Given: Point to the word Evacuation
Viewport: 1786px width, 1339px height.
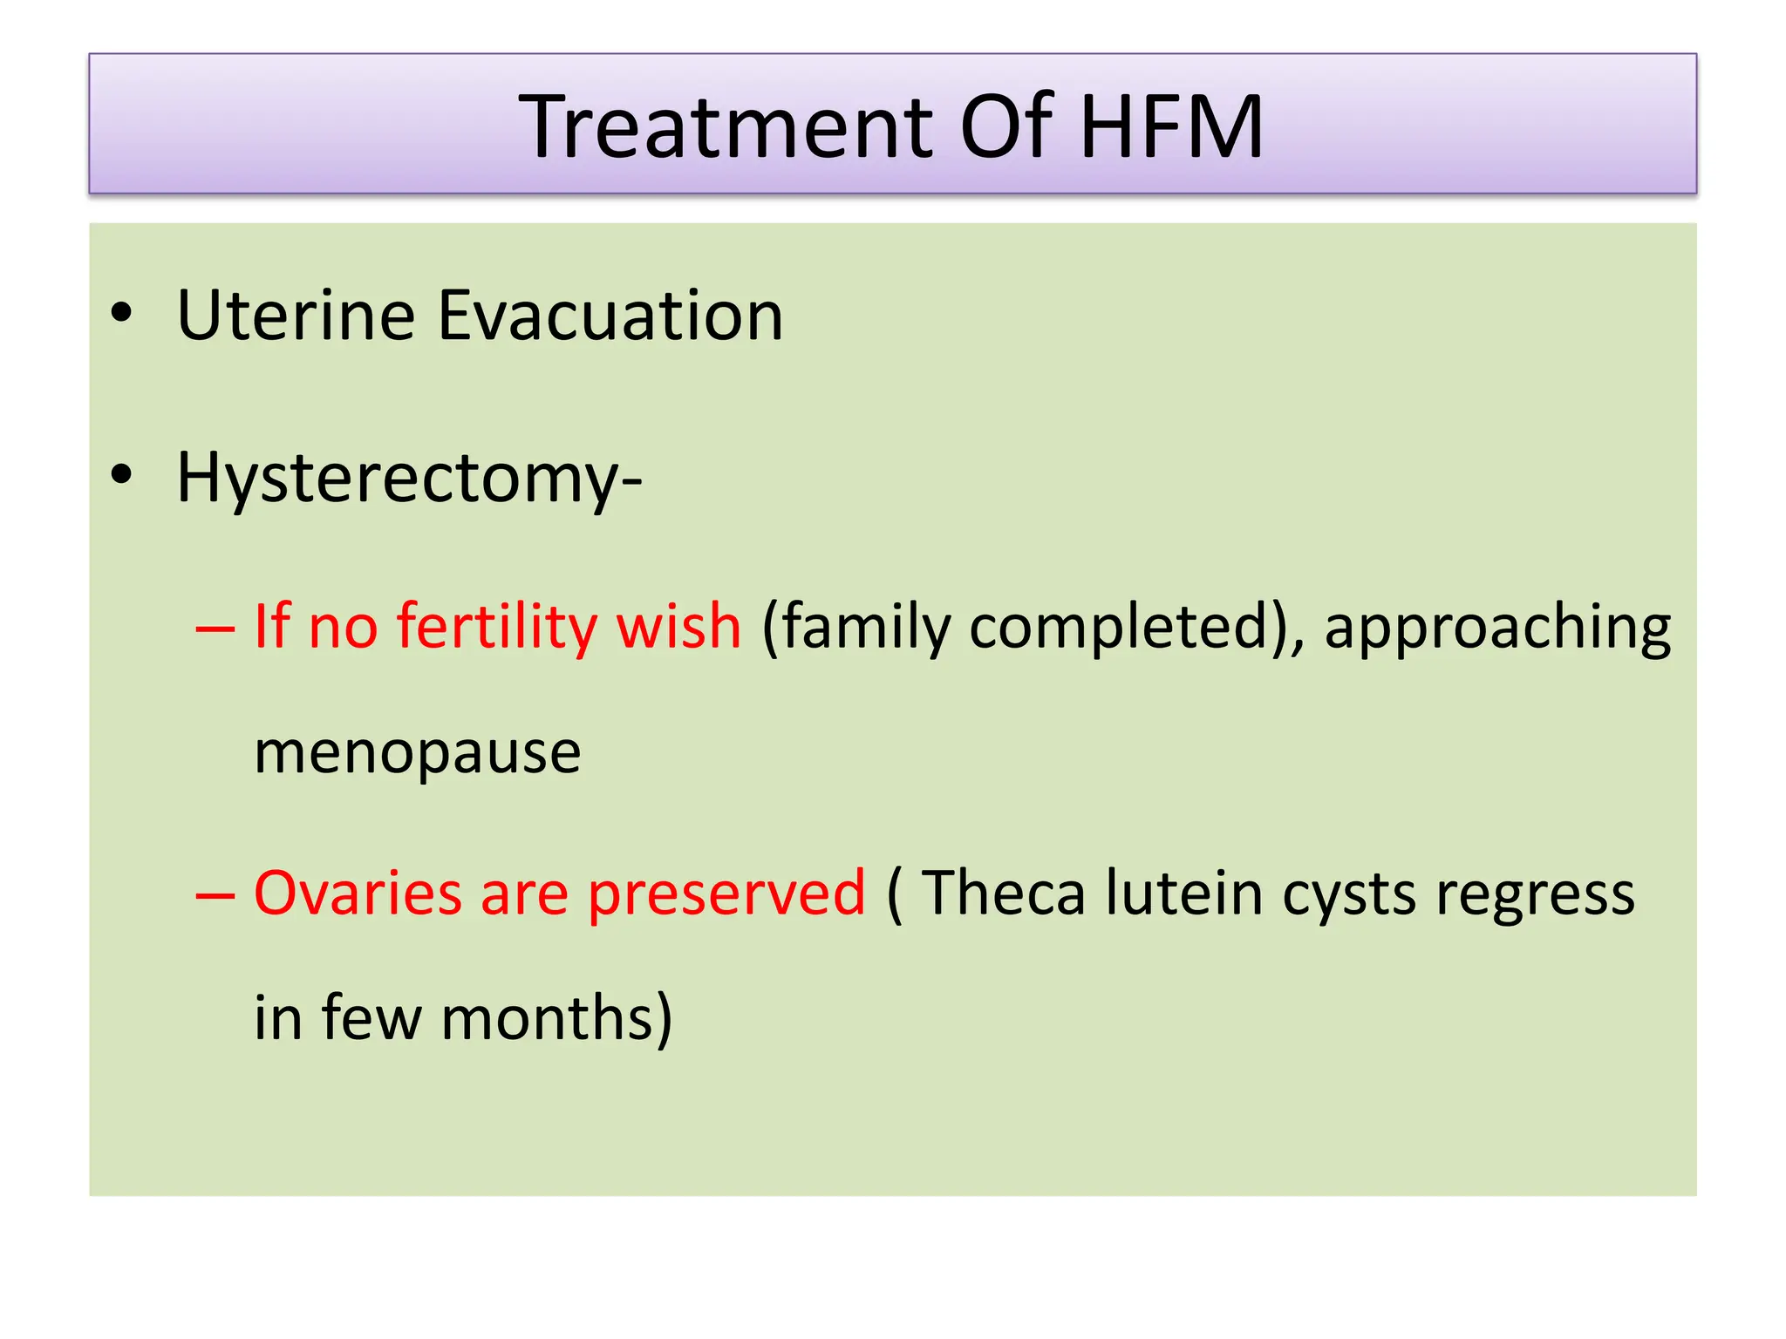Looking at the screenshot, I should pyautogui.click(x=610, y=316).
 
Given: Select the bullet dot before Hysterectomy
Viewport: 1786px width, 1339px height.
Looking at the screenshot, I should pyautogui.click(x=122, y=475).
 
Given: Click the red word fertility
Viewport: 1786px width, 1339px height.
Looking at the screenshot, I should pyautogui.click(x=496, y=627).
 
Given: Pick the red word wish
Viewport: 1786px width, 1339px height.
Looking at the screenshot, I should pyautogui.click(x=678, y=627).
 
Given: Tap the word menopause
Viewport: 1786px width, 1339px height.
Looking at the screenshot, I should pyautogui.click(x=417, y=754).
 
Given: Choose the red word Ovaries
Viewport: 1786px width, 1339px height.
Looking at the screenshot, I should pyautogui.click(x=358, y=894).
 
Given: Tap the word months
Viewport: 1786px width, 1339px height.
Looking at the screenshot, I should pyautogui.click(x=556, y=1019).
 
